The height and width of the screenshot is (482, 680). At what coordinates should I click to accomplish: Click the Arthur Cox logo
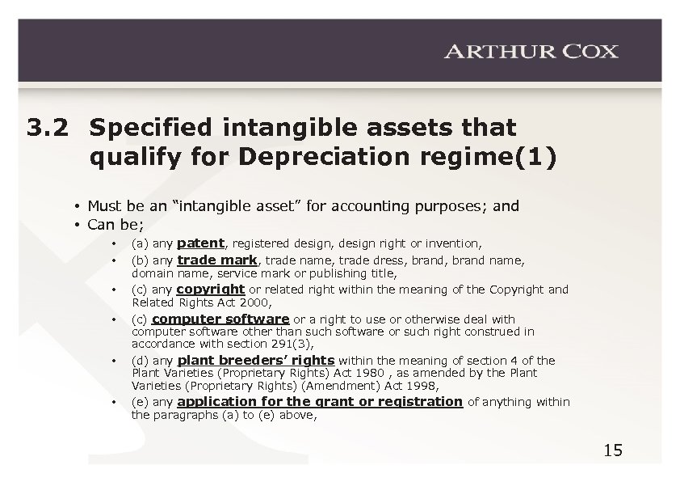(x=531, y=51)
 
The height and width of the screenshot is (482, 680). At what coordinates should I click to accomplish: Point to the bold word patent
(x=199, y=242)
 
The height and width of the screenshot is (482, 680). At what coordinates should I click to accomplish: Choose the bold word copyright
(x=210, y=289)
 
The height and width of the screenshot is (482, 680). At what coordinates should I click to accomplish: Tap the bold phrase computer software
(x=220, y=319)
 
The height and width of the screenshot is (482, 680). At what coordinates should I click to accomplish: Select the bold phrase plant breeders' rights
(x=255, y=360)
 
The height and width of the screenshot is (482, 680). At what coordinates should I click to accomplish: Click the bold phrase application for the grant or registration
(x=320, y=401)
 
